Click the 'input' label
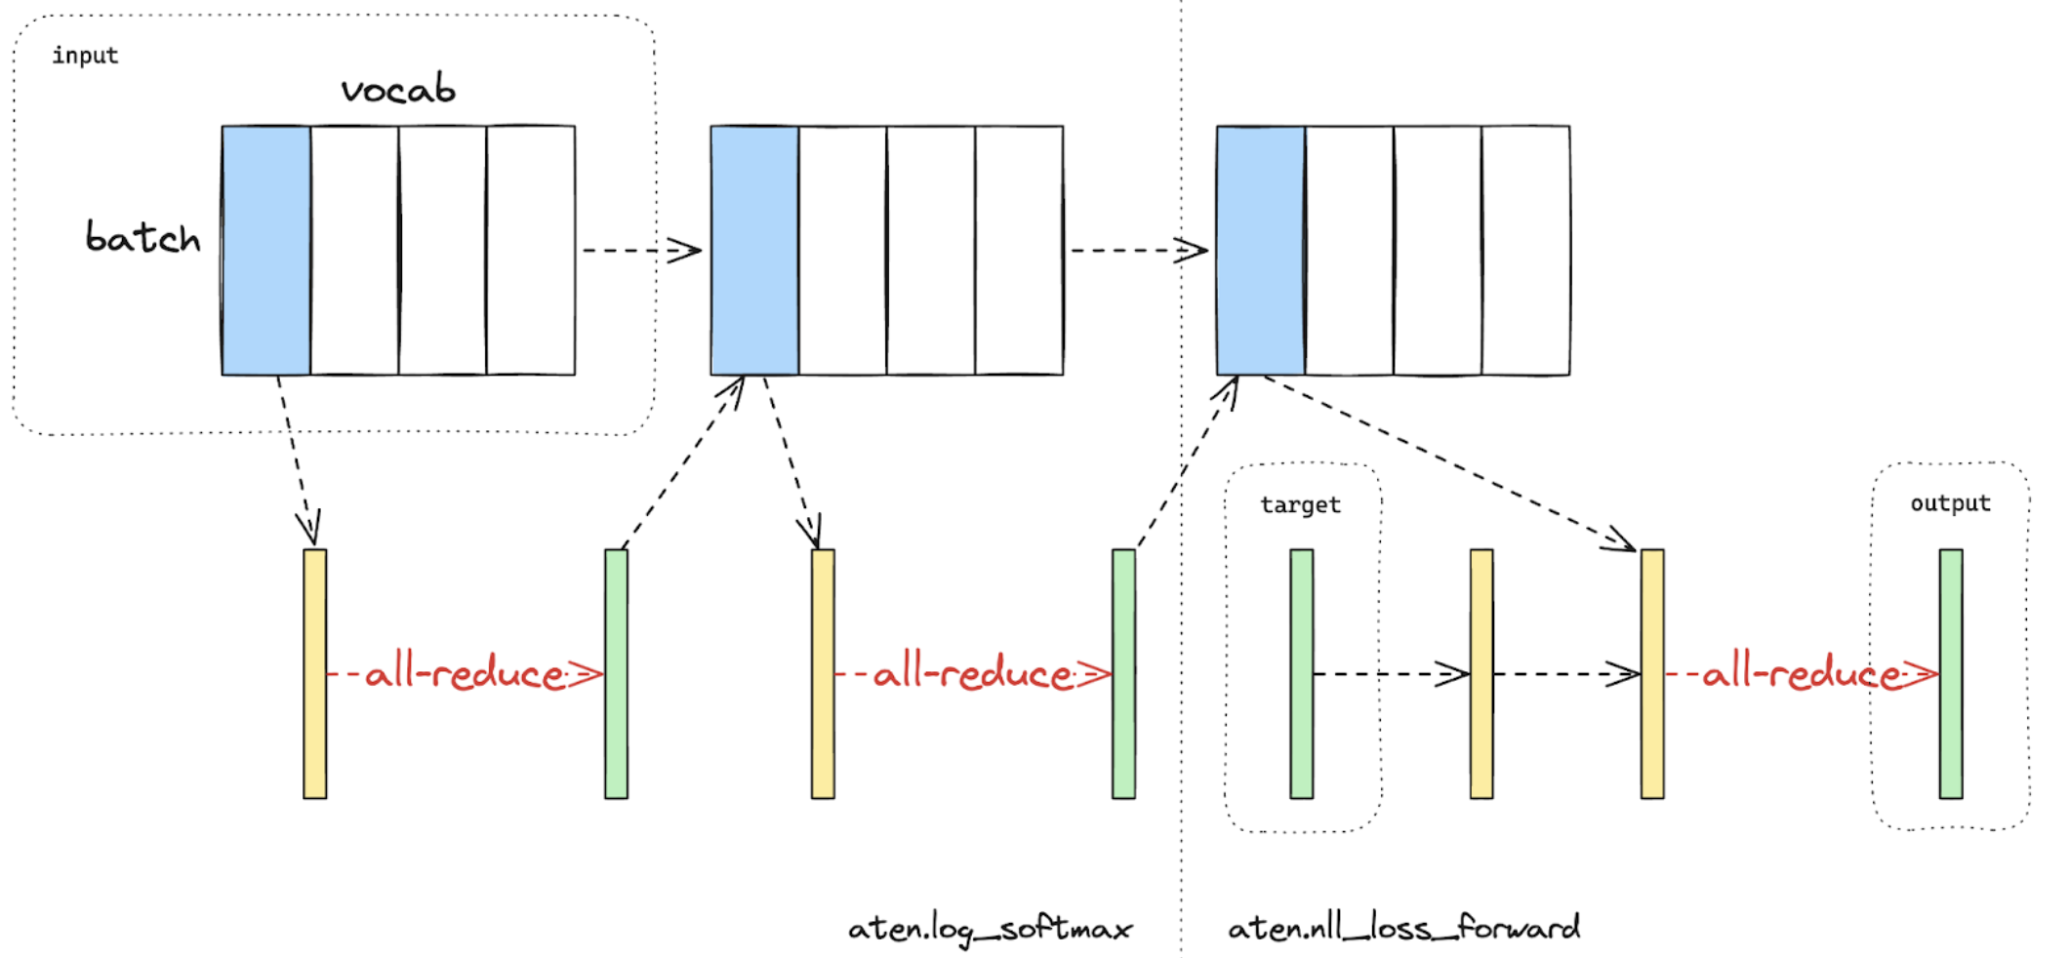tap(85, 56)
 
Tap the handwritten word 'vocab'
tap(398, 90)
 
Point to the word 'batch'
tap(142, 237)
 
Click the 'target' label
tap(1300, 505)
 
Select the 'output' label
tap(1950, 503)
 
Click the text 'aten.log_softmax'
tap(990, 929)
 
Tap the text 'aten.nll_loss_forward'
tap(1403, 927)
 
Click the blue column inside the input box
tap(266, 250)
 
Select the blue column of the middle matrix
tap(754, 250)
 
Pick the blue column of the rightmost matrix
tap(1261, 250)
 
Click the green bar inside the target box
tap(1301, 673)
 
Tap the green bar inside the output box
tap(1951, 673)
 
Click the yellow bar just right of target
tap(1481, 673)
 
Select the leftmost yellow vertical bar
tap(314, 673)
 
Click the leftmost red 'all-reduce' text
tap(465, 673)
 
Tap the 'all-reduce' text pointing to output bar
tap(1802, 673)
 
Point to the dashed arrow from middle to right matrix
tap(1138, 251)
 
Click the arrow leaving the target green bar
tap(1391, 673)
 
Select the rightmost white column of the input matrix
tap(531, 250)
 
